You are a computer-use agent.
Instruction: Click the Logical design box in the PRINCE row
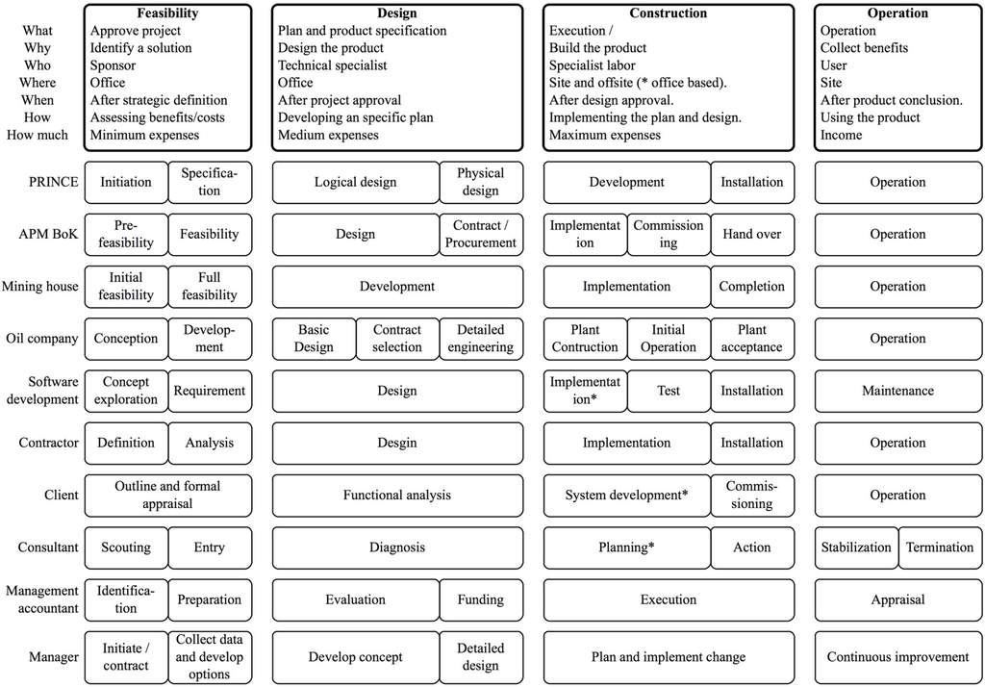356,182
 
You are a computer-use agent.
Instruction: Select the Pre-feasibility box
126,234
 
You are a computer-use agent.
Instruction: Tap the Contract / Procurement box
481,234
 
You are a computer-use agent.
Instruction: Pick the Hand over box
752,234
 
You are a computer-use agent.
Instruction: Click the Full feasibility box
209,287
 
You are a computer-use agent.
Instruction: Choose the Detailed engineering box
481,339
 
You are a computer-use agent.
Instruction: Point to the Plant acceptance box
752,339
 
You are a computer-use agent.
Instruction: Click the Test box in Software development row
669,391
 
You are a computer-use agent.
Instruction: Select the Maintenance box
897,391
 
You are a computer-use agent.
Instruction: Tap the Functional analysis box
397,496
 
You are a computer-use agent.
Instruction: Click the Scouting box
126,547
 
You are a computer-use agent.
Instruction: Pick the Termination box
940,547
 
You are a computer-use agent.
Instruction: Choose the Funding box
481,599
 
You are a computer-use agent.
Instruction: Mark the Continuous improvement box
897,657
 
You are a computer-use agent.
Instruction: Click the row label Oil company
40,339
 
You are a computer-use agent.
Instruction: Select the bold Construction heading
669,13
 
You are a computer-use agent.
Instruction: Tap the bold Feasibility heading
167,13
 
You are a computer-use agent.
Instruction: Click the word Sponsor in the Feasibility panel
114,65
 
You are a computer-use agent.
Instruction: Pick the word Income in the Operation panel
842,135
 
